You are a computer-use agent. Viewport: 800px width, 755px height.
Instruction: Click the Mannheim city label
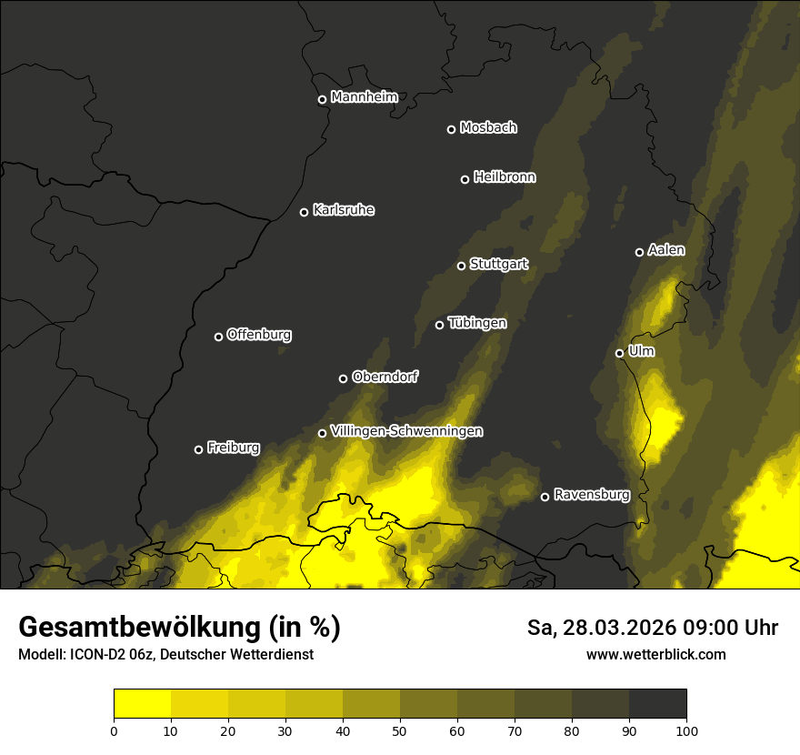pos(364,97)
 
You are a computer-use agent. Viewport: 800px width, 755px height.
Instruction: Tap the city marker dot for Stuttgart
pos(461,266)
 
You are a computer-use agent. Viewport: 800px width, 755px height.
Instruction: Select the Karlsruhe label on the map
pos(343,210)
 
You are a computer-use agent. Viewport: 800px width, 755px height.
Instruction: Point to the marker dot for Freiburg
pos(198,449)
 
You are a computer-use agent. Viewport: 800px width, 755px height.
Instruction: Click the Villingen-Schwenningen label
pos(406,431)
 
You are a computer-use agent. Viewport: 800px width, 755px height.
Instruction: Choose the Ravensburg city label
pos(591,495)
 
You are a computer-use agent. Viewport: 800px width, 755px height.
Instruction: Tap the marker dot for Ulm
pos(619,353)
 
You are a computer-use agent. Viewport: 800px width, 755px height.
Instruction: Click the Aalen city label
pos(665,250)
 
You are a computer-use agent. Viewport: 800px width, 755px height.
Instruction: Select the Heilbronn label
pos(505,177)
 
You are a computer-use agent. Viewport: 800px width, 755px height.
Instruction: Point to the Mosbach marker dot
pos(450,129)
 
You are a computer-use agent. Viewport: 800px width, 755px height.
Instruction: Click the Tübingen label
pos(477,323)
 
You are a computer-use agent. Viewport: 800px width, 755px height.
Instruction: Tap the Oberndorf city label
pos(385,377)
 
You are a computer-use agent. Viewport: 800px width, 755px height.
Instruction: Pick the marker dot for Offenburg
pos(218,337)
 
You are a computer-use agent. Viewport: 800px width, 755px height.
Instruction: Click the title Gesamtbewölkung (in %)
pos(179,627)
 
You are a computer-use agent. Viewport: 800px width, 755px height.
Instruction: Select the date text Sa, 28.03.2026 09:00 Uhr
pos(652,628)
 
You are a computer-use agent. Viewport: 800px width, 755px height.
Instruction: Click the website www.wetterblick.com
pos(655,654)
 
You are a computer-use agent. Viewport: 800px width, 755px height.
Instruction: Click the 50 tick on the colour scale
pos(400,730)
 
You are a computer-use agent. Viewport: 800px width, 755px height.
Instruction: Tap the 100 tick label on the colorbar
pos(686,730)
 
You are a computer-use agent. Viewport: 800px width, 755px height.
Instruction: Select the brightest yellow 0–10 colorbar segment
pos(142,704)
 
